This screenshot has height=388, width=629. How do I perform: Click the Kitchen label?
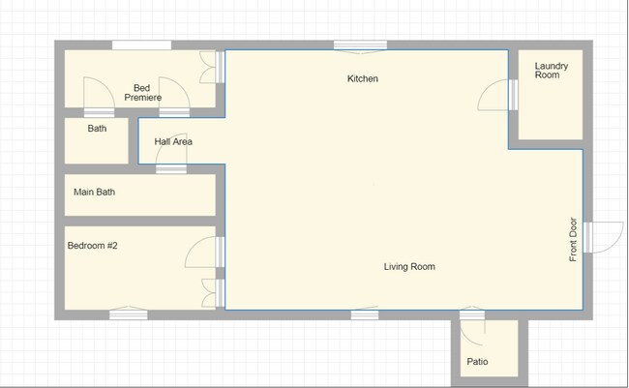(x=363, y=78)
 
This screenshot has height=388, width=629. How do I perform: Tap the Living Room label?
(x=409, y=266)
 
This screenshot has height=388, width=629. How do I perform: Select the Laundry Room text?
(x=552, y=71)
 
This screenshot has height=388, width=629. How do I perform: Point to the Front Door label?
(x=573, y=238)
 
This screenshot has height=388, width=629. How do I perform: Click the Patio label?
(x=477, y=362)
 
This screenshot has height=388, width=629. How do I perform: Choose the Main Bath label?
(x=94, y=192)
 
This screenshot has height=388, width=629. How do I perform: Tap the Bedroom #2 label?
(x=92, y=246)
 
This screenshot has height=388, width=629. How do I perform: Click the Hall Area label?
(x=173, y=141)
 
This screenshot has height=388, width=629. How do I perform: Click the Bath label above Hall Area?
(x=97, y=128)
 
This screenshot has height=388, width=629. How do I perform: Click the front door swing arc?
(x=600, y=238)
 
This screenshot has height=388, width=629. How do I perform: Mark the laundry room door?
(x=497, y=94)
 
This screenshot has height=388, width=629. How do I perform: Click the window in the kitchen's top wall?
(x=360, y=45)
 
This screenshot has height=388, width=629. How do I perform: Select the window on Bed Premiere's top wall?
(x=141, y=45)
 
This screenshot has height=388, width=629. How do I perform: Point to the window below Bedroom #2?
(x=128, y=313)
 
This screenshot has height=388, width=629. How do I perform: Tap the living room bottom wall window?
(x=365, y=313)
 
